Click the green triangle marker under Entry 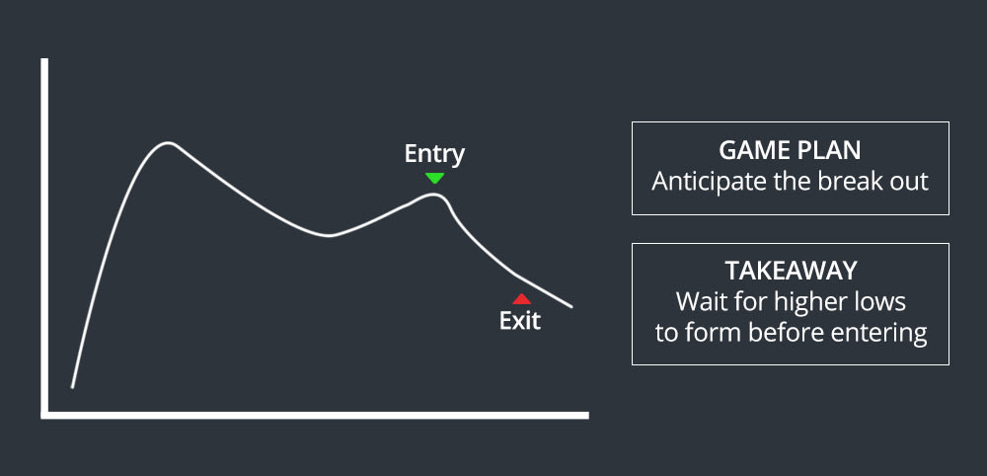click(x=434, y=178)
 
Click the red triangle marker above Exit click(x=522, y=298)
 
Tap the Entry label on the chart click(x=434, y=154)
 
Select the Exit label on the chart click(x=520, y=321)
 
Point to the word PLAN click(x=829, y=151)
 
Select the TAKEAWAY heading click(x=790, y=271)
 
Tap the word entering click(x=880, y=333)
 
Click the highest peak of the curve click(x=168, y=145)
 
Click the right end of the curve click(x=571, y=305)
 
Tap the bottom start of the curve click(x=72, y=386)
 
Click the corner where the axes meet click(x=44, y=414)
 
